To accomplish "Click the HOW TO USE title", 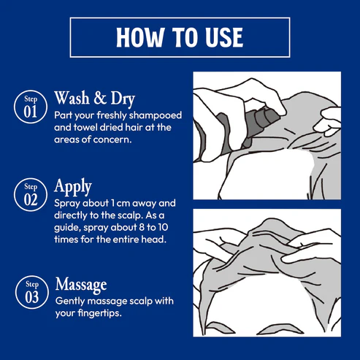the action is pyautogui.click(x=180, y=37).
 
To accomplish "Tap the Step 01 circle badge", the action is pyautogui.click(x=31, y=107).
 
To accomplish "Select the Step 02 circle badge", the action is pyautogui.click(x=31, y=194).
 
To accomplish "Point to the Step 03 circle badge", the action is pyautogui.click(x=32, y=292).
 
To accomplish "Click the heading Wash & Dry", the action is pyautogui.click(x=94, y=99).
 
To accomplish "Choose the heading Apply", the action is pyautogui.click(x=73, y=187).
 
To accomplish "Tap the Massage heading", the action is pyautogui.click(x=81, y=284).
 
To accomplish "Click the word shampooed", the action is pyautogui.click(x=156, y=115).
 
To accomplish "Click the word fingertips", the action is pyautogui.click(x=100, y=313).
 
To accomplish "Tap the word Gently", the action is pyautogui.click(x=70, y=302).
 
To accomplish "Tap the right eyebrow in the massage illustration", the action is pyautogui.click(x=281, y=329).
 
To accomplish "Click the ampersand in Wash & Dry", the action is pyautogui.click(x=100, y=98).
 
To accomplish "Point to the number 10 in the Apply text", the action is pyautogui.click(x=163, y=227).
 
